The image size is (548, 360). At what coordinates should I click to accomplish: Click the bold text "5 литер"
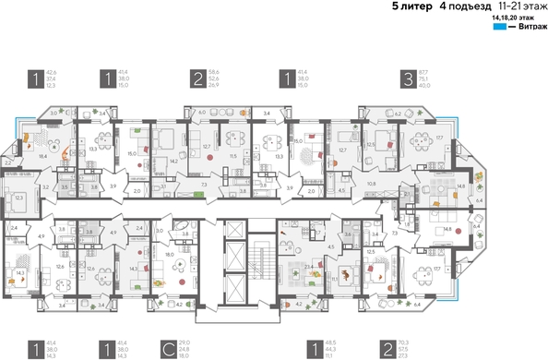click(411, 6)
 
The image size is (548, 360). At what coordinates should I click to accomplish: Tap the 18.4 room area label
click(42, 158)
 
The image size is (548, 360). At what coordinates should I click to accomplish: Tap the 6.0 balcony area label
click(201, 112)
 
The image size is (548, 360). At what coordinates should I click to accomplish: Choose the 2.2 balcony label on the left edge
click(6, 162)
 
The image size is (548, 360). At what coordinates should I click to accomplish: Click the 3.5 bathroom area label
click(63, 186)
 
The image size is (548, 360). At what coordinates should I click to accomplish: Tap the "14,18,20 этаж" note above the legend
click(516, 18)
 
